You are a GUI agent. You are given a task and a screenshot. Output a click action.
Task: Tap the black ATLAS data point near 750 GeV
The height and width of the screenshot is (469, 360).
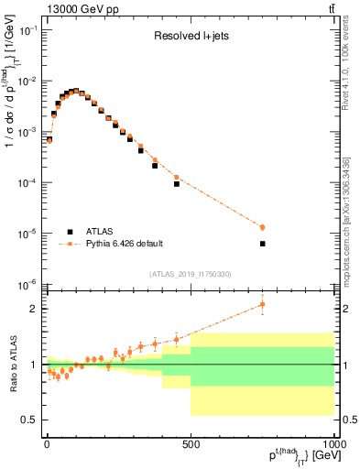pyautogui.click(x=262, y=244)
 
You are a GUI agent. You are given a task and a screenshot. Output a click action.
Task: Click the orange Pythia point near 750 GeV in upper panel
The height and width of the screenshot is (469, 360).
pyautogui.click(x=262, y=227)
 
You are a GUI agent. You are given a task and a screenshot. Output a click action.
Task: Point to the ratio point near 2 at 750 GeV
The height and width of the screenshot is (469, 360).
pyautogui.click(x=262, y=304)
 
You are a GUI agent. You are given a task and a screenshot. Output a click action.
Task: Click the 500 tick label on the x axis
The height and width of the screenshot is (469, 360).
pyautogui.click(x=191, y=444)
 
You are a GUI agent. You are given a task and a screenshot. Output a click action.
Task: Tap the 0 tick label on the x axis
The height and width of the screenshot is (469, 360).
pyautogui.click(x=47, y=444)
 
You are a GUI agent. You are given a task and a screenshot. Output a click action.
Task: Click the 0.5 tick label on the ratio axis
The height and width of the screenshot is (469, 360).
pyautogui.click(x=28, y=420)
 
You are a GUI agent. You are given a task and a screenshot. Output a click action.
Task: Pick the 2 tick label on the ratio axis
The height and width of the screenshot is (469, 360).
pyautogui.click(x=33, y=309)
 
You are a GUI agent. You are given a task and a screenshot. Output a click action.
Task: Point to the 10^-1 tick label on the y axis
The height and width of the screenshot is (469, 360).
pyautogui.click(x=27, y=30)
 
